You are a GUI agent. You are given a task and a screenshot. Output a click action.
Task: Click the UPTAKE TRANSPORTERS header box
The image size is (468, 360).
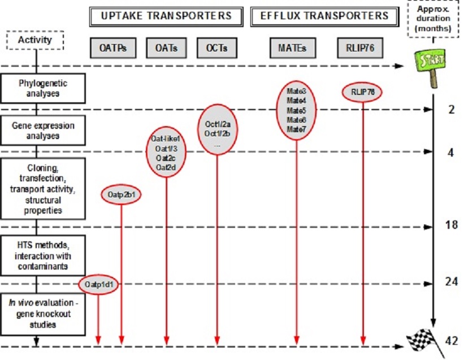pos(166,16)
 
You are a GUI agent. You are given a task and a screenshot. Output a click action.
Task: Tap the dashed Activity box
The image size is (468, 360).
pos(34,40)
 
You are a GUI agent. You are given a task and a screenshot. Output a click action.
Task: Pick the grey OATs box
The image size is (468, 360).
pos(166,48)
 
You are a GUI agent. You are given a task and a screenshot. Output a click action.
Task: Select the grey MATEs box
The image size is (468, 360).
pos(296,48)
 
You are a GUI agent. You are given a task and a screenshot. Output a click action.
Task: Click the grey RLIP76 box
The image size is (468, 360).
pos(362,48)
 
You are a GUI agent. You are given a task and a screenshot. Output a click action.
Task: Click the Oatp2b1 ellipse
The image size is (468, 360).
pos(121,195)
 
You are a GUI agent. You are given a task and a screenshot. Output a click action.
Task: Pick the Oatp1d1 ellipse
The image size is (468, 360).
pos(99,284)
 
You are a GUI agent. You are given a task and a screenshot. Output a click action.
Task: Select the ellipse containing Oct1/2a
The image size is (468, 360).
pos(218,134)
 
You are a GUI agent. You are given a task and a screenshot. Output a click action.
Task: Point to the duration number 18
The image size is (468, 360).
pos(450,224)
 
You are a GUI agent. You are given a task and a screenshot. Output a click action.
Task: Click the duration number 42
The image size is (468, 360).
pos(450,341)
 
